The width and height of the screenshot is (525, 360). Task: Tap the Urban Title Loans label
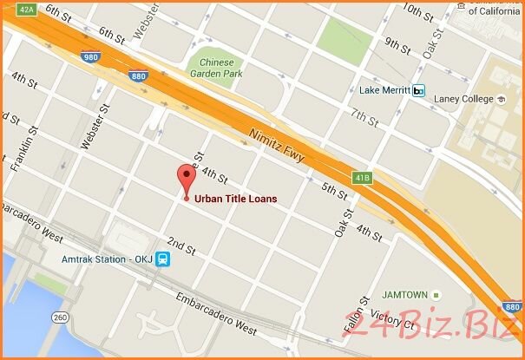(x=236, y=199)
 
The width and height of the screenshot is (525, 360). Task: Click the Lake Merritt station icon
(x=419, y=90)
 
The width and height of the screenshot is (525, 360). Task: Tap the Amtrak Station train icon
(x=163, y=259)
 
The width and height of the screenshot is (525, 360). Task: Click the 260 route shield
(x=61, y=317)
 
